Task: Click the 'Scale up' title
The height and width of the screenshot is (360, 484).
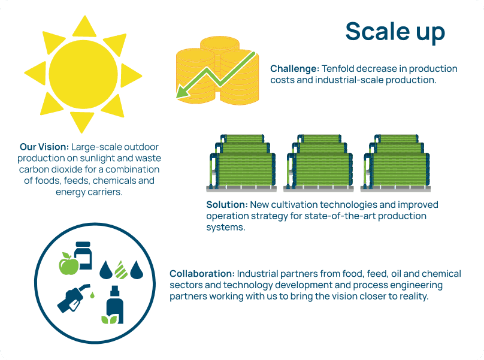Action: point(395,32)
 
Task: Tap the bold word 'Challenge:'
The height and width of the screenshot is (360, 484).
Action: point(294,69)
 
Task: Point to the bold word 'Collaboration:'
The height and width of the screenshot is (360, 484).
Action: point(202,274)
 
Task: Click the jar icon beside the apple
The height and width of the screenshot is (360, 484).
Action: point(83,255)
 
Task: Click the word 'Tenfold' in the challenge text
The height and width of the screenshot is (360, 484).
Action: point(337,69)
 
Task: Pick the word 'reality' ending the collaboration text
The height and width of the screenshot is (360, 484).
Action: point(412,296)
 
